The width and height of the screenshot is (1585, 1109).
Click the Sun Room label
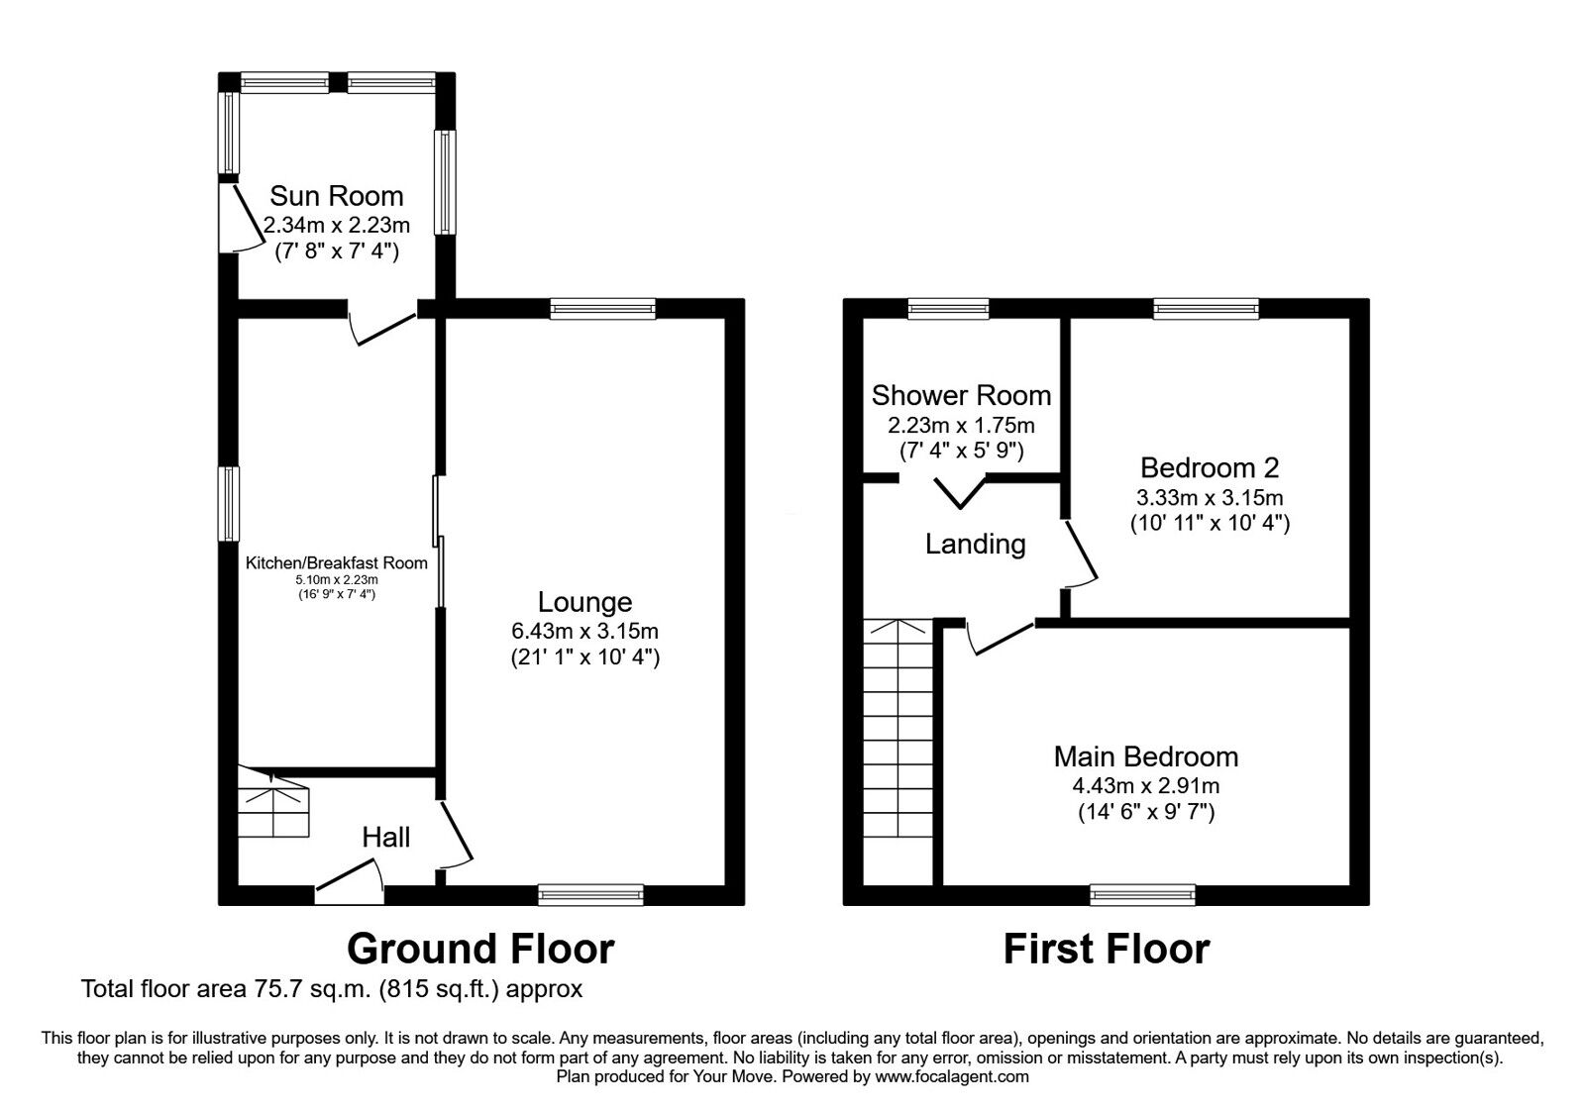tap(336, 196)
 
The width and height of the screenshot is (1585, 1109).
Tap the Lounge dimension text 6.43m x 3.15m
tap(585, 630)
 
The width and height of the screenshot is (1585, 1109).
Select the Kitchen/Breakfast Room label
tap(337, 563)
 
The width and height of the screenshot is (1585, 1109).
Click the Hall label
tap(385, 838)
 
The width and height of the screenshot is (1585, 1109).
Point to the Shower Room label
tap(961, 395)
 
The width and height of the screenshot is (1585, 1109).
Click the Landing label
tap(975, 544)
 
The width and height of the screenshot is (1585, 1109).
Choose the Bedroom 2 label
tap(1210, 467)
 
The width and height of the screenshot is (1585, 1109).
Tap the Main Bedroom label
tap(1145, 756)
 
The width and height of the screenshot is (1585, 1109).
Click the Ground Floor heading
tap(480, 950)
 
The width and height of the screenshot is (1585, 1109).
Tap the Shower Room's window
tap(948, 308)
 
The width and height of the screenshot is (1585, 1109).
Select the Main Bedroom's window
tap(1142, 895)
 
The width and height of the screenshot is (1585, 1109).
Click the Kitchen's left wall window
tap(228, 504)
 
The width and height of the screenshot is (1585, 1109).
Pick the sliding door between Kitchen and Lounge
tap(439, 541)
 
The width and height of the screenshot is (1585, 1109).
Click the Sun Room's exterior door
tap(238, 217)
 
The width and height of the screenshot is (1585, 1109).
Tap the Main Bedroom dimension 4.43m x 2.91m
tap(1145, 786)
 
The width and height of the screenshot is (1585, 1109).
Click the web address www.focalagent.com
tap(952, 1077)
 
